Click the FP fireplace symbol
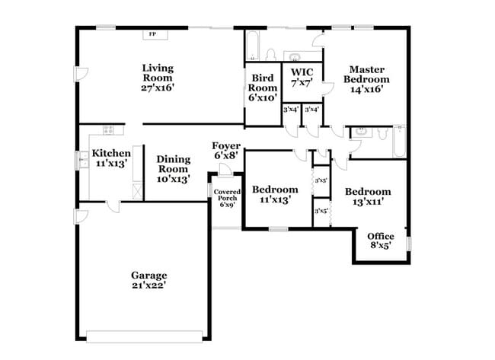coord(153,34)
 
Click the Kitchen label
coord(111,153)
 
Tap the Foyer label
coord(226,145)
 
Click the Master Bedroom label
coord(366,73)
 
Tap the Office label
coord(381,236)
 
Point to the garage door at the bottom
coord(145,336)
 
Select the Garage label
coord(148,275)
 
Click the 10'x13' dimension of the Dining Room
coord(173,179)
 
